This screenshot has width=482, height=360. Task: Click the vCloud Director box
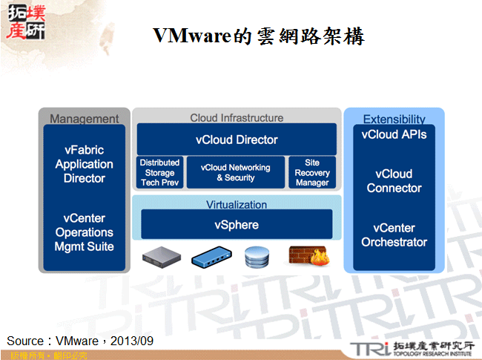point(237,139)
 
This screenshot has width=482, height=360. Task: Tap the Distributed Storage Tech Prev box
point(159,172)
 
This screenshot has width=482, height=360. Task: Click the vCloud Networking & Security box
point(235,172)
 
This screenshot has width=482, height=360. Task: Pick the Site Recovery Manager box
point(311,172)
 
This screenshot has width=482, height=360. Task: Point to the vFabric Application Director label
point(85,164)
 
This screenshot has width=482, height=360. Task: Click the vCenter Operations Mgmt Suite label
point(85,232)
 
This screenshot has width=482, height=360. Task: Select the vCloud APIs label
point(394,135)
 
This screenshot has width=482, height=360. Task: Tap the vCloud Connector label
point(394,180)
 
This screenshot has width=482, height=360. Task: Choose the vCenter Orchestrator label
point(394,235)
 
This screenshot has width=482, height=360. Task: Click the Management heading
point(85,119)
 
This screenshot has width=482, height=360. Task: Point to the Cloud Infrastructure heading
point(237,117)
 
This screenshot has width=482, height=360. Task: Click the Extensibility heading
point(394,119)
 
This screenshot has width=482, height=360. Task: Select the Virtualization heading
point(237,204)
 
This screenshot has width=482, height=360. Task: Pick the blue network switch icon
point(211,258)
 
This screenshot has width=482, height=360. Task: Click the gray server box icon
point(161,257)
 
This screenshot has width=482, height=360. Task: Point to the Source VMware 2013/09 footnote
point(80,341)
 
